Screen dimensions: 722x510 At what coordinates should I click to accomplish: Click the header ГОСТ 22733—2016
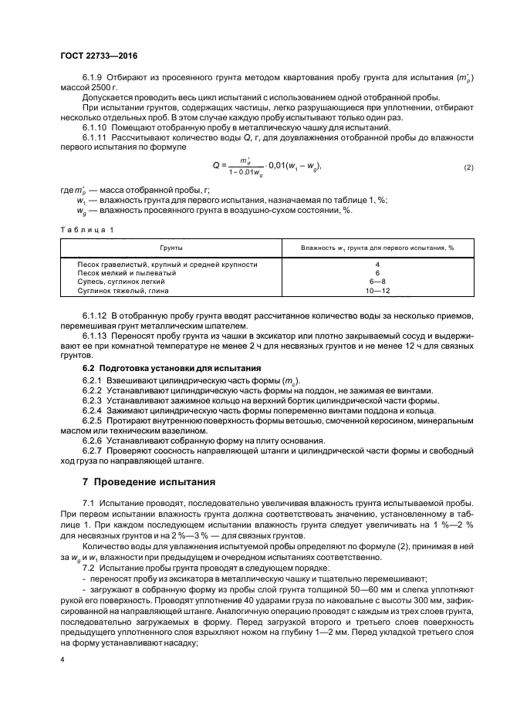click(x=94, y=56)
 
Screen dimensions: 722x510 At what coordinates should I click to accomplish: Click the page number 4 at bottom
click(x=62, y=660)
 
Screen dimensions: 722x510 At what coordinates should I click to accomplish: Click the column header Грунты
click(x=171, y=249)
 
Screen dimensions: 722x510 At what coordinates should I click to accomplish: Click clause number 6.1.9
click(x=93, y=79)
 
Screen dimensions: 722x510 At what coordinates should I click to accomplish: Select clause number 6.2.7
click(x=92, y=450)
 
